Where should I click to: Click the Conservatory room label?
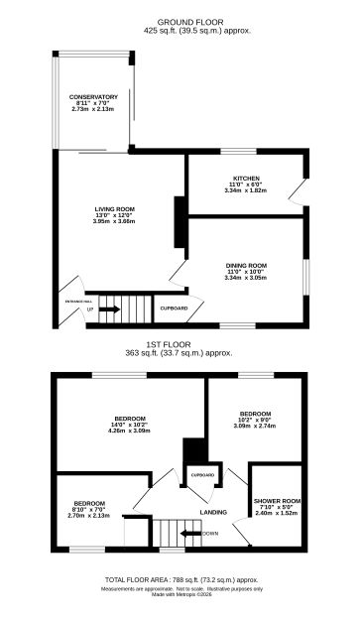click(x=94, y=101)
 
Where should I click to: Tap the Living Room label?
click(x=114, y=214)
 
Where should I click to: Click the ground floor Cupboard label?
click(x=175, y=309)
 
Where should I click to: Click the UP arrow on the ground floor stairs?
click(x=110, y=310)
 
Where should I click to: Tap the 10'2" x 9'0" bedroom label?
click(x=255, y=417)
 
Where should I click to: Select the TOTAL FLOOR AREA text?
click(x=181, y=581)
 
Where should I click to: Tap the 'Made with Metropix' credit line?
click(x=181, y=595)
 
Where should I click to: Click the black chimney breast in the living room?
click(x=179, y=223)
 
